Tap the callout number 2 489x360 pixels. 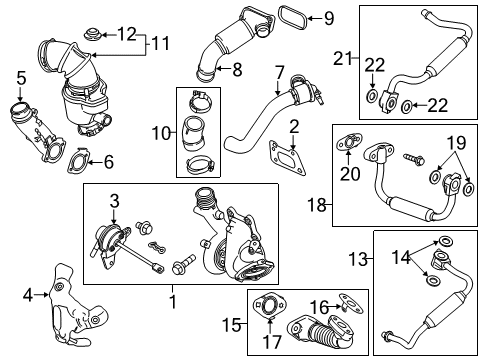(294, 125)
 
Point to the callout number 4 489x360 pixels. (28, 294)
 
